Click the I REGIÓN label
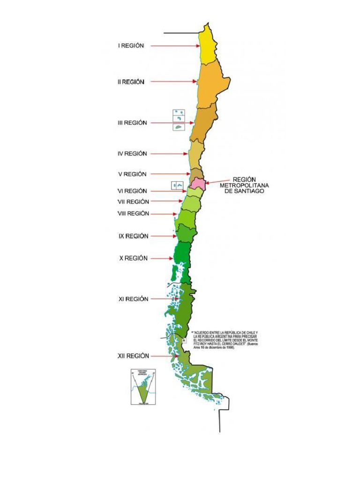[x=131, y=45]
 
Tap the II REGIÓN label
[x=131, y=82]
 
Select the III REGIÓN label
[x=132, y=123]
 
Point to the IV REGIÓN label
[x=132, y=153]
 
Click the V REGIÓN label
[x=132, y=174]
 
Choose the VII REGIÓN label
[x=133, y=202]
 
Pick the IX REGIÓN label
[x=133, y=236]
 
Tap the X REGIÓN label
[x=133, y=258]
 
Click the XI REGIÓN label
[x=133, y=299]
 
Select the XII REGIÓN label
[x=133, y=356]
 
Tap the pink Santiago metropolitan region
[x=197, y=182]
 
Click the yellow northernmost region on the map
[x=207, y=45]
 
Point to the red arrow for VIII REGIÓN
[x=164, y=214]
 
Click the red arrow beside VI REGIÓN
[x=170, y=191]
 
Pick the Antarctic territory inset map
[x=142, y=387]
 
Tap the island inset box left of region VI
[x=177, y=186]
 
